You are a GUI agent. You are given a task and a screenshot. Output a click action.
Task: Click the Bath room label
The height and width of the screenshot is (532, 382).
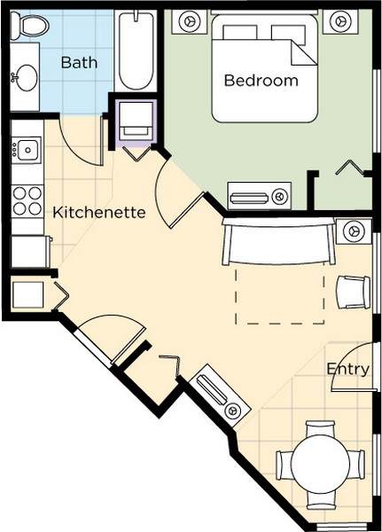pos(79,62)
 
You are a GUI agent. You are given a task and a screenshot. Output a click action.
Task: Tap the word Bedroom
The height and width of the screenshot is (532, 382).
pos(261,81)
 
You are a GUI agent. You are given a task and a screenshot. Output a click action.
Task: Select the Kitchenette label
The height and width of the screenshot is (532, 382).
pos(99,213)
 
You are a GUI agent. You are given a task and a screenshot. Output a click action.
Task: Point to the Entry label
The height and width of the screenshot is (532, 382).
pos(348,369)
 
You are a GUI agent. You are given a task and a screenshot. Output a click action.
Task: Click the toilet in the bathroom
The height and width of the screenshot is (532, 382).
pos(29,25)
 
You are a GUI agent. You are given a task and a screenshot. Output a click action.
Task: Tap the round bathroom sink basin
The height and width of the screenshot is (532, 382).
pos(27,78)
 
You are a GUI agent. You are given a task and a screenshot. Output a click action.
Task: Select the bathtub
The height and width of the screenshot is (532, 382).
pos(135,51)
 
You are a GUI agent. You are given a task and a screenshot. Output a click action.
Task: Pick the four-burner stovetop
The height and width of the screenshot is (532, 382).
pos(27,201)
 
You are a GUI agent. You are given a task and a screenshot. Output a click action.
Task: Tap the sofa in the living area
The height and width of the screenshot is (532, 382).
pos(278,241)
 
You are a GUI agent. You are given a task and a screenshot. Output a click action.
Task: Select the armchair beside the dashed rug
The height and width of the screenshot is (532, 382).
pos(353,292)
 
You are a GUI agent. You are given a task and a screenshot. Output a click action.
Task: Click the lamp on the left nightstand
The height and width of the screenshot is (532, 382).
pos(189,21)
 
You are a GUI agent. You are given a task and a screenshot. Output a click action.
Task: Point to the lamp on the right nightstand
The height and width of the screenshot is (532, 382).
pos(340,21)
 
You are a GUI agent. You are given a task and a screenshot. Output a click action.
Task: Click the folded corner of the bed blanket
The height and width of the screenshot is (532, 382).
pos(303,53)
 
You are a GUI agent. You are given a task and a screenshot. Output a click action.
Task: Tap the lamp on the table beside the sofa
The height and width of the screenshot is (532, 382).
pos(354,231)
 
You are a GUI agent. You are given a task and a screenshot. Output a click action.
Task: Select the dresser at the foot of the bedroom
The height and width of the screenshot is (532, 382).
pos(259,196)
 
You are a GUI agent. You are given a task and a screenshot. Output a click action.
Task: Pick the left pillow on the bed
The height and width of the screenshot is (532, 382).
pos(239,33)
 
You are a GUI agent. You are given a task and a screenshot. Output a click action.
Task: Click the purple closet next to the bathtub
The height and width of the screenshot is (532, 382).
pos(136,123)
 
